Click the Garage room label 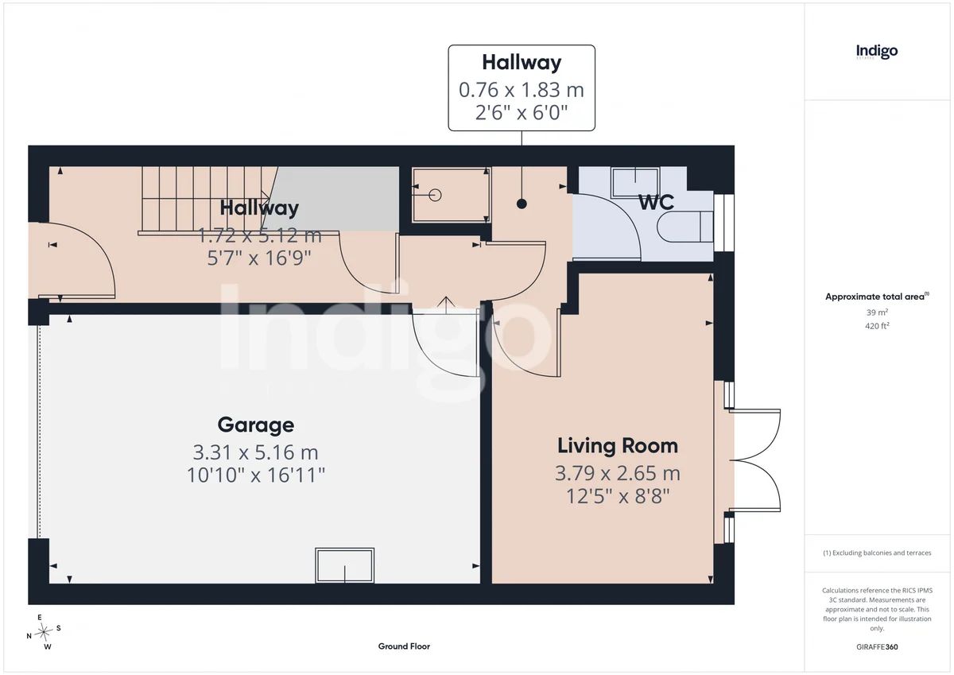point(255,425)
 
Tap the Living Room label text point(618,446)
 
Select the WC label point(657,202)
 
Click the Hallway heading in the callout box point(522,63)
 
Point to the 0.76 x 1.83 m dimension point(522,90)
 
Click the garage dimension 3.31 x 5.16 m point(255,452)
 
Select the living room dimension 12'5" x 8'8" point(618,496)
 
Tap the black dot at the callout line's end point(522,204)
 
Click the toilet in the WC point(684,227)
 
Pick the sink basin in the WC point(635,183)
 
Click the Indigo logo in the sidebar point(877,52)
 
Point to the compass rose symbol point(44,632)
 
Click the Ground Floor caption point(404,646)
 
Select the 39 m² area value point(877,312)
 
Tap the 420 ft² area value point(877,326)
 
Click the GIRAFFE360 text point(877,647)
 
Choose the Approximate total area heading point(877,297)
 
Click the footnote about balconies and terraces point(877,553)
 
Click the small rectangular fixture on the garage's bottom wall point(344,565)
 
